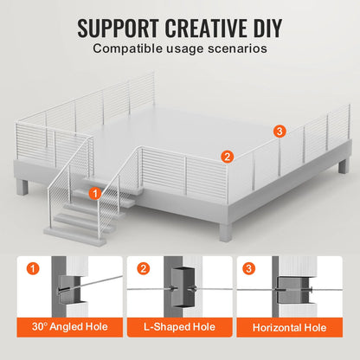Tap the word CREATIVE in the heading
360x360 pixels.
point(207,26)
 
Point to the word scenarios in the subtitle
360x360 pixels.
point(231,48)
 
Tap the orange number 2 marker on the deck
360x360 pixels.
point(227,157)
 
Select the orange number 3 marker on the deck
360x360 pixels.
point(278,131)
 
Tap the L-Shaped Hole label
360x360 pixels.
point(179,327)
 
